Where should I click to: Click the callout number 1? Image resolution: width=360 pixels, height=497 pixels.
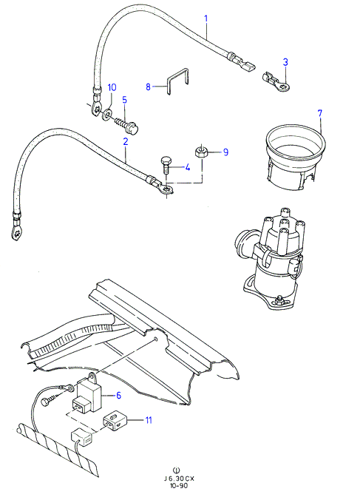click(206, 18)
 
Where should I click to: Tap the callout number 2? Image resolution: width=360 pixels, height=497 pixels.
click(126, 141)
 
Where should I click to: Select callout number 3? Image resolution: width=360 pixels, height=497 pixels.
click(285, 62)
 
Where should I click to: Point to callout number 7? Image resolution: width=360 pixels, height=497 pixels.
click(319, 113)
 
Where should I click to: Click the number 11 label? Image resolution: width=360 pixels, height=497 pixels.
click(149, 420)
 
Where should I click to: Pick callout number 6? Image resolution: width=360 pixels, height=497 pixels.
click(118, 395)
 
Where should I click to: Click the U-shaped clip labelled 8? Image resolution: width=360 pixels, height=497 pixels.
click(178, 81)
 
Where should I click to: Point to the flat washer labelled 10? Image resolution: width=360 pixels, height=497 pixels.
click(107, 114)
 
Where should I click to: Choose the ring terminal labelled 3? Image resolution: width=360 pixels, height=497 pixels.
click(276, 82)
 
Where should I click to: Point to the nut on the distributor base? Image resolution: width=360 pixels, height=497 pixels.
click(279, 299)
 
